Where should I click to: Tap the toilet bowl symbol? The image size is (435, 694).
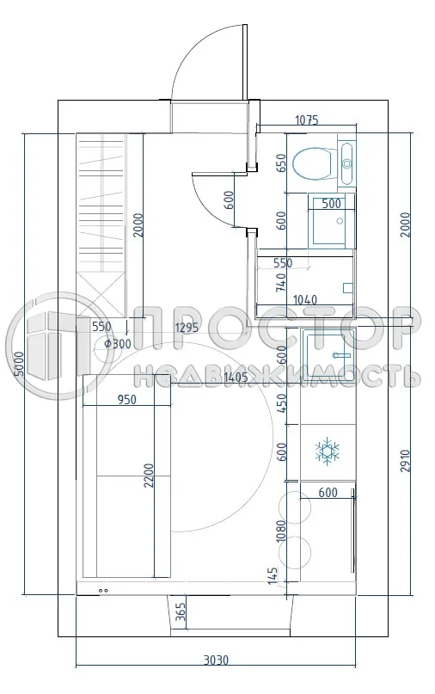(312, 162)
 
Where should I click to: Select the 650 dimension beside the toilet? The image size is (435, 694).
(281, 163)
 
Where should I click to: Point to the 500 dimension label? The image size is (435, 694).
(331, 204)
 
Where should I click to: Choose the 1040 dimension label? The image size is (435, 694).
(305, 300)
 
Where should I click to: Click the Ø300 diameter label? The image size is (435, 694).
(117, 344)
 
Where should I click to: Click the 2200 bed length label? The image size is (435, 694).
(149, 476)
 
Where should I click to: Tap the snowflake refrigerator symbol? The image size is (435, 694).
(327, 451)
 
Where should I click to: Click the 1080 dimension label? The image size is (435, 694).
(281, 530)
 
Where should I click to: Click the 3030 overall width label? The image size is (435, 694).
(216, 660)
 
